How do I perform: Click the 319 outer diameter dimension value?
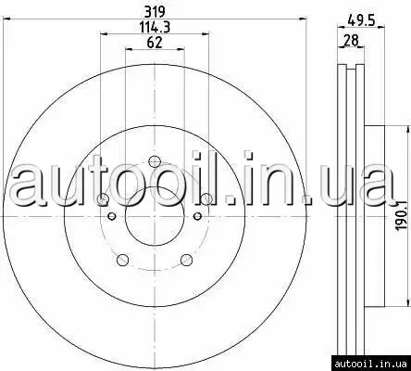click(156, 12)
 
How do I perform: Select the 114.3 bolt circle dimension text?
click(156, 27)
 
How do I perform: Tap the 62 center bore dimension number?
click(155, 43)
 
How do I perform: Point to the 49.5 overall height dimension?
click(361, 21)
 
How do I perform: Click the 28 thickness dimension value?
click(351, 40)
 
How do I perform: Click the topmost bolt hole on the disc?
click(155, 161)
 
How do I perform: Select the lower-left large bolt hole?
click(123, 260)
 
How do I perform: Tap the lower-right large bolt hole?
click(186, 260)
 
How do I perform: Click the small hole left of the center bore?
click(112, 216)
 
